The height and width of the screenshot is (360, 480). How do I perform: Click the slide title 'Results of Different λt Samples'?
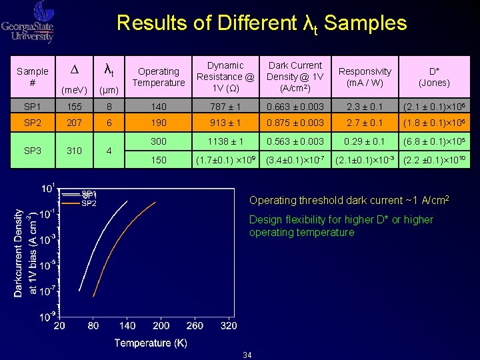261,23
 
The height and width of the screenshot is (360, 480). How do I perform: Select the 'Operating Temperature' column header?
158,77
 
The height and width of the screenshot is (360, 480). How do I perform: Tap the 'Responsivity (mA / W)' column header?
365,77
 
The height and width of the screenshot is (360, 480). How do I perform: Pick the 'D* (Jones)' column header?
439,77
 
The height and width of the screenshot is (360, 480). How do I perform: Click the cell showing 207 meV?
75,124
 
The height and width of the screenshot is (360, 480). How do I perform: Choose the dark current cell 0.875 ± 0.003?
295,124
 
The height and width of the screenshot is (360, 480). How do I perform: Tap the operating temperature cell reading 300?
158,141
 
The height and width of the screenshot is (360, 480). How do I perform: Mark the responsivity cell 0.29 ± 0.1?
365,141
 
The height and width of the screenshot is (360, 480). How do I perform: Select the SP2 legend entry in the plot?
89,203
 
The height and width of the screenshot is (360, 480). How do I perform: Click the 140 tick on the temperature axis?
127,326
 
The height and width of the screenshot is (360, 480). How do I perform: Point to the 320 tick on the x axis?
229,326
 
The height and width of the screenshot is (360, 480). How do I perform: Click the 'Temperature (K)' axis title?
150,343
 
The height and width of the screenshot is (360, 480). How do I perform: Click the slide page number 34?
247,355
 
